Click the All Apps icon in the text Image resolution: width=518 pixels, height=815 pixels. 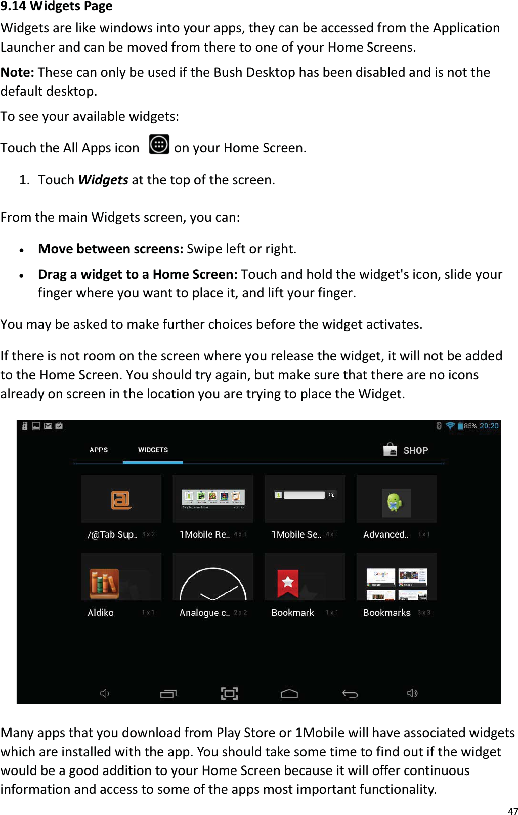coord(159,145)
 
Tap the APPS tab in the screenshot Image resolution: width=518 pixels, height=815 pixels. coord(99,450)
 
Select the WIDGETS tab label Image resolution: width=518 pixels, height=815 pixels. coord(153,450)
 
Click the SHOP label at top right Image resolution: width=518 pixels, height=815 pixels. coord(415,450)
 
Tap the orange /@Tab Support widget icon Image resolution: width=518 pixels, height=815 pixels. coord(121,500)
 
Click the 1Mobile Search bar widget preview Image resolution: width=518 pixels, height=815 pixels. coord(305,495)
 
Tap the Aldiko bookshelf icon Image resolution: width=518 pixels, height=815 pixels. coord(104,583)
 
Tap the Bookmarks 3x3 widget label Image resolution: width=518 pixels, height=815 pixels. coord(387,612)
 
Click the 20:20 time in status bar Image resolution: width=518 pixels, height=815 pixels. coord(489,426)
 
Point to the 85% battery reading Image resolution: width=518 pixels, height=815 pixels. coord(470,426)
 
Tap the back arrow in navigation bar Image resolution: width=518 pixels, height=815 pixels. coord(350,693)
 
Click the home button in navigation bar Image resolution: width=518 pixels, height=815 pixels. coord(289,693)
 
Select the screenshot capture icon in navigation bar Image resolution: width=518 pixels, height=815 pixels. coord(229,693)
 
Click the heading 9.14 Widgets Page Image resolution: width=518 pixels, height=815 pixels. coord(57,7)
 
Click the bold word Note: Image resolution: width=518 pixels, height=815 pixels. coord(17,72)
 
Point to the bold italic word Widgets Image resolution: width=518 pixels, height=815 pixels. coord(103,180)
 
